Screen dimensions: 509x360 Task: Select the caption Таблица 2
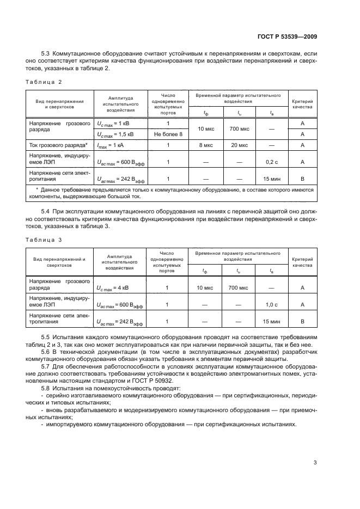[x=44, y=82]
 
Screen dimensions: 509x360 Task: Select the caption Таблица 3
[x=44, y=239]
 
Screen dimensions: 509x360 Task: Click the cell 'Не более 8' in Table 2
[x=168, y=134]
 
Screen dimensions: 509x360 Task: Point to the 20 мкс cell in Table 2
[x=239, y=145]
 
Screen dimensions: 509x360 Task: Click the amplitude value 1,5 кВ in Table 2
[x=116, y=134]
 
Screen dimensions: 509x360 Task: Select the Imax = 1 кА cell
[x=113, y=145]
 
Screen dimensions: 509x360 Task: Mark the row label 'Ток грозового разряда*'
[x=58, y=145]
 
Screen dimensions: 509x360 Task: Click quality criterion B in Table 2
[x=302, y=178]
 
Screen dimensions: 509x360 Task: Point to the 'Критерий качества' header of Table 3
[x=302, y=262]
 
